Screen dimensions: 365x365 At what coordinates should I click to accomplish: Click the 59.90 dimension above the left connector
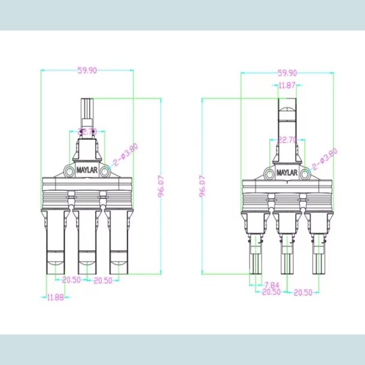[87, 70]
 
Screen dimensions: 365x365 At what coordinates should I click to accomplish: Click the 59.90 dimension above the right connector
[287, 73]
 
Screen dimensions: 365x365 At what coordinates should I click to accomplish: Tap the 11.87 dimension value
[287, 86]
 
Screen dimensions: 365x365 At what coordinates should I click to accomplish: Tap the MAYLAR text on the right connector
[287, 173]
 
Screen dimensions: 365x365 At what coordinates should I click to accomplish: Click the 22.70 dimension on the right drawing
[288, 140]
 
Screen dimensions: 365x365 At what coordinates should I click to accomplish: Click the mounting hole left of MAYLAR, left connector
[68, 172]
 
